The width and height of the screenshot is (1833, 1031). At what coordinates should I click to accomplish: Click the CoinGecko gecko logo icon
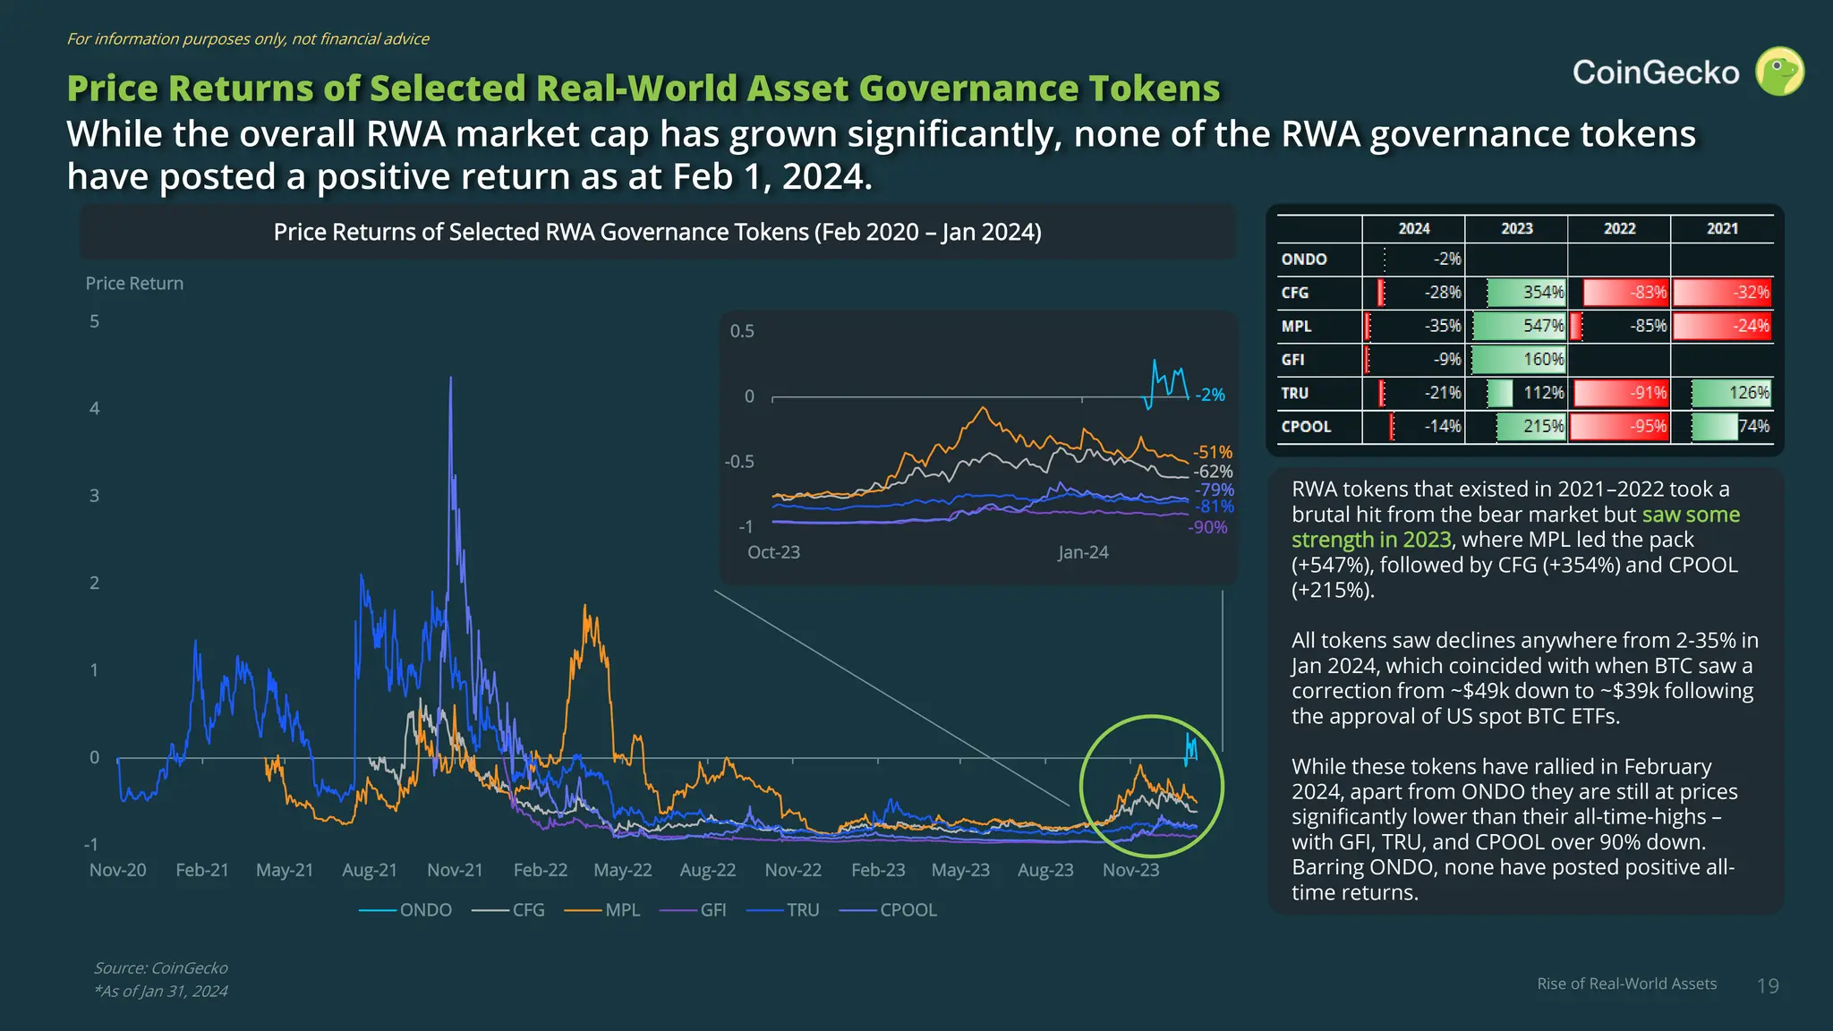(x=1779, y=72)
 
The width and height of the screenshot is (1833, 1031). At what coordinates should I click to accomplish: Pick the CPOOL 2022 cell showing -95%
(x=1619, y=426)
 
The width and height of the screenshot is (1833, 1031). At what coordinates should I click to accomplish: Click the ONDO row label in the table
(x=1304, y=260)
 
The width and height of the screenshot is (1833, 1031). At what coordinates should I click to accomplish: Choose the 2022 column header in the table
(x=1619, y=229)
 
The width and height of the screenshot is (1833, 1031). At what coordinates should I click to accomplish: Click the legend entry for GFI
(x=712, y=910)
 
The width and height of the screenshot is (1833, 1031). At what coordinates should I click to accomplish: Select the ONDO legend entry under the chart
(x=425, y=910)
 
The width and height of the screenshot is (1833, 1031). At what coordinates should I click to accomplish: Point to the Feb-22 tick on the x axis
(x=540, y=870)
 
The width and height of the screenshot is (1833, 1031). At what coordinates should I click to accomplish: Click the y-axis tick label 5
(x=95, y=321)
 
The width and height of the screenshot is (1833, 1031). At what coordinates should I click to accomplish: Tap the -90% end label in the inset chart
(x=1207, y=527)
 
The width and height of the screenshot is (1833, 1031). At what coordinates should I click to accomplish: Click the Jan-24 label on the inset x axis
(x=1083, y=552)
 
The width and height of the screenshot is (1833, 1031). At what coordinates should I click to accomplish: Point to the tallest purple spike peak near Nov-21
(x=450, y=379)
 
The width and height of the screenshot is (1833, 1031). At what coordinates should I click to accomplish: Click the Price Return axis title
(x=134, y=284)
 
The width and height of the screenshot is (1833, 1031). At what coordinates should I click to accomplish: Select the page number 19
(x=1768, y=986)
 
